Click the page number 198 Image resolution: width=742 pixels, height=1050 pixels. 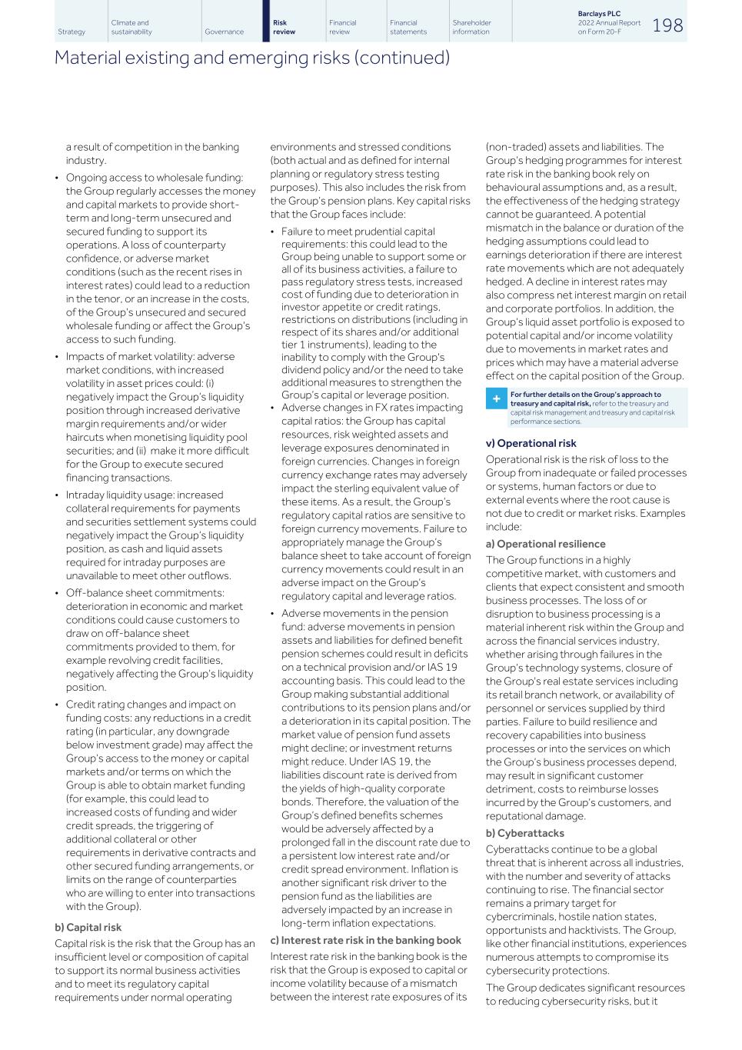(667, 25)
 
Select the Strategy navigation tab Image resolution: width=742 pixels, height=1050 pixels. (72, 32)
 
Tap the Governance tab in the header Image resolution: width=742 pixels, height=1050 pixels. (224, 32)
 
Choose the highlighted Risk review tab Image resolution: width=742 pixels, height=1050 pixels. (284, 27)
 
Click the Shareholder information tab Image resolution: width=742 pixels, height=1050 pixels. (471, 27)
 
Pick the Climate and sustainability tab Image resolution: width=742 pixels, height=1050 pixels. (131, 27)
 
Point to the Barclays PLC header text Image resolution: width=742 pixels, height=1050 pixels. (598, 14)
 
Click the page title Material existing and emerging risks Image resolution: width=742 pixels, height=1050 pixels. (251, 58)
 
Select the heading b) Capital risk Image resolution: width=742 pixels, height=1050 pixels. (88, 927)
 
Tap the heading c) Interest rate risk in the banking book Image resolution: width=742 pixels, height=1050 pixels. (365, 940)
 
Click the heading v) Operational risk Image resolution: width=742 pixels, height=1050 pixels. (531, 443)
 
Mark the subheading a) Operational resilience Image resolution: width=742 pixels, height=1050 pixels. (545, 544)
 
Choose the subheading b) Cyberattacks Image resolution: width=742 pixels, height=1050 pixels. (524, 833)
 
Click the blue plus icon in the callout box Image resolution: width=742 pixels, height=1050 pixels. (497, 399)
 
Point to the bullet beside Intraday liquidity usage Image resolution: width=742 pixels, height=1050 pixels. (57, 495)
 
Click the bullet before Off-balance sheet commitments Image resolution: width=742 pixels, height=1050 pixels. (57, 593)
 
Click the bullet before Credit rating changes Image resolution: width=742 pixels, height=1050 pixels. (57, 705)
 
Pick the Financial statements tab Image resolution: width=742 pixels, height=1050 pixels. (408, 27)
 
